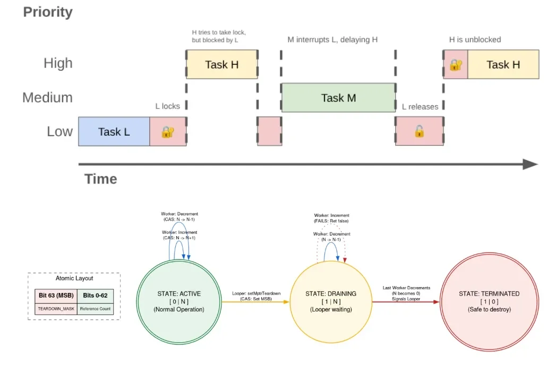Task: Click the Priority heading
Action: click(48, 12)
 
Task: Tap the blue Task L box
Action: click(114, 131)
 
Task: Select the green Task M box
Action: click(338, 98)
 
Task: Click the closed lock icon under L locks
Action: click(167, 132)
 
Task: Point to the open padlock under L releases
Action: click(419, 131)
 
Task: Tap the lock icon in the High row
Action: click(455, 65)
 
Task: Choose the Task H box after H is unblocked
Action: click(503, 65)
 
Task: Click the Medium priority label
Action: click(47, 98)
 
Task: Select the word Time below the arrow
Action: click(101, 179)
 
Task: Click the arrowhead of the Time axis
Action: click(530, 164)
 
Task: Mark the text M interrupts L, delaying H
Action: click(332, 40)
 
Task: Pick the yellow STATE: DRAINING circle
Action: click(331, 301)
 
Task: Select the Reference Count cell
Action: click(96, 308)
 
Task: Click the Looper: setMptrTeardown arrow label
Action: click(256, 296)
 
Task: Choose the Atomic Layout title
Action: click(74, 278)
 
